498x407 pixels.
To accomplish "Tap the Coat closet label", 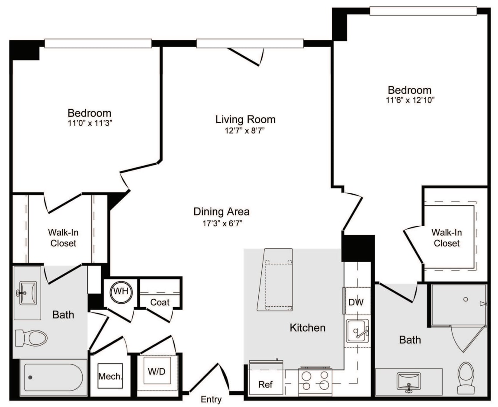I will point(160,302).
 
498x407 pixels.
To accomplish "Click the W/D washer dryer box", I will point(157,372).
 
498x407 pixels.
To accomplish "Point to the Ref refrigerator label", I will point(265,384).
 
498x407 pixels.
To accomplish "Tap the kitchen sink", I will point(357,332).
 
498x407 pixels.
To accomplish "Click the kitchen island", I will point(275,280).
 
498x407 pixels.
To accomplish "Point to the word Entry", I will point(211,400).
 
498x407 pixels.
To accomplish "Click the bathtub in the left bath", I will point(53,377).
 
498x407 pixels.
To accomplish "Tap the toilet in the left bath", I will point(31,338).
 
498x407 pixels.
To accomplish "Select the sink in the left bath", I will point(27,293).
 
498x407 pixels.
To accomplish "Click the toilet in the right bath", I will point(466,377).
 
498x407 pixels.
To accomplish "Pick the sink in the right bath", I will point(408,381).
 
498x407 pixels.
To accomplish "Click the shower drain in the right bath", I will point(466,299).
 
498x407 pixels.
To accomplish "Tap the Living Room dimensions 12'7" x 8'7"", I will point(245,131).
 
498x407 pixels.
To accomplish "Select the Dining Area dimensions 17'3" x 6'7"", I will point(221,223).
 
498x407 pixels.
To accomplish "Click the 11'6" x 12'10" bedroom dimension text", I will point(409,100).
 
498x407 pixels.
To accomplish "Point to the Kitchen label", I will point(307,328).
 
